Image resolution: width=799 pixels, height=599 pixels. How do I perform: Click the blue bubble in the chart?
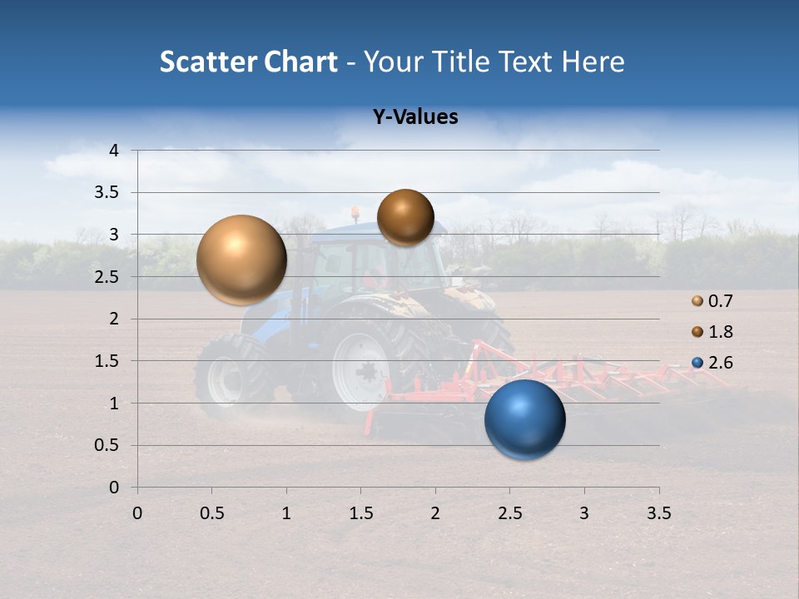525,419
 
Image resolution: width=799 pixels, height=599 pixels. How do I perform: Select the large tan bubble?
241,260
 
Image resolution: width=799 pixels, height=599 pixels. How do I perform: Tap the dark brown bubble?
405,217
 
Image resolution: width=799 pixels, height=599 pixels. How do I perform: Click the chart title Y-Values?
414,117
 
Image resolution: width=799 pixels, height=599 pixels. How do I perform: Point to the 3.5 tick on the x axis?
659,513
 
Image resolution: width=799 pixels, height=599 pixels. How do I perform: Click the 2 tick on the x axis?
435,513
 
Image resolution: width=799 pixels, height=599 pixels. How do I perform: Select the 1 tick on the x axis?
286,513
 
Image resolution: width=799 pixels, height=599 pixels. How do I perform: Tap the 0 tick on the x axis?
137,513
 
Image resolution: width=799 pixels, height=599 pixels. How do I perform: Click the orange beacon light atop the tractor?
355,213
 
